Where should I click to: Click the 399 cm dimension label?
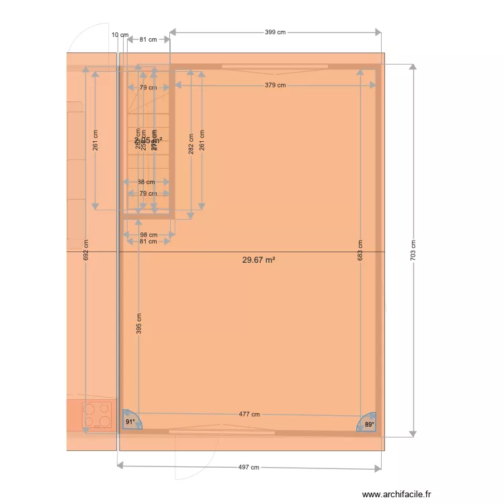pyautogui.click(x=275, y=32)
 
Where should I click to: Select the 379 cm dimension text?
pyautogui.click(x=275, y=85)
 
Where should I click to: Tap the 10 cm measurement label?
pyautogui.click(x=120, y=34)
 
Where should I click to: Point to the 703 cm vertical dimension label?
pyautogui.click(x=413, y=250)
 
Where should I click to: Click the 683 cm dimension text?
pyautogui.click(x=360, y=250)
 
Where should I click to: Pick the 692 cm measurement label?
pyautogui.click(x=86, y=251)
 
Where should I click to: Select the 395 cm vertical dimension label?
pyautogui.click(x=139, y=324)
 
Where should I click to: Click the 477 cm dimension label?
pyautogui.click(x=249, y=415)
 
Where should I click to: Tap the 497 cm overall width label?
pyautogui.click(x=249, y=467)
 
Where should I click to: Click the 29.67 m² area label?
pyautogui.click(x=259, y=259)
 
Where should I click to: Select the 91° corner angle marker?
pyautogui.click(x=130, y=421)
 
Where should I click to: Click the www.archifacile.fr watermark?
pyautogui.click(x=396, y=494)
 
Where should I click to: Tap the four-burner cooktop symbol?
pyautogui.click(x=97, y=415)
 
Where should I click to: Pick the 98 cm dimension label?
pyautogui.click(x=149, y=235)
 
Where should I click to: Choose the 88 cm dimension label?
pyautogui.click(x=146, y=181)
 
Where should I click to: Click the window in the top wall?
pyautogui.click(x=275, y=67)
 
